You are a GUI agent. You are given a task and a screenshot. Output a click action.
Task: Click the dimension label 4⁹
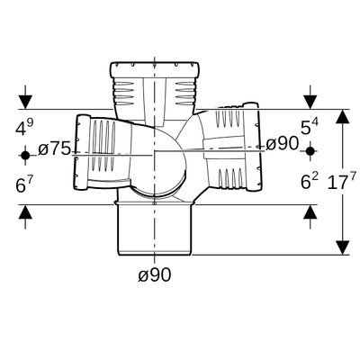tap(24, 128)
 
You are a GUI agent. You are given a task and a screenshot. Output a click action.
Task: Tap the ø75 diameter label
tap(55, 149)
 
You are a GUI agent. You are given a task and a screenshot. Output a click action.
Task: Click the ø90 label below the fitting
tap(155, 274)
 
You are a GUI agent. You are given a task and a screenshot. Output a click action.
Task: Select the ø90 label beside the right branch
tap(282, 143)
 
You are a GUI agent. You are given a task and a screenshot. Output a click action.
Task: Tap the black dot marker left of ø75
tap(25, 156)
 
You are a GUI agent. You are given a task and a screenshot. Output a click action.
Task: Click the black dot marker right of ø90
tap(310, 151)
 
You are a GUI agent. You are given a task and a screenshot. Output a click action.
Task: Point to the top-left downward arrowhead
tap(25, 102)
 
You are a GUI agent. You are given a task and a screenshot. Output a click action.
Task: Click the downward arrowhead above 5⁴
tap(310, 102)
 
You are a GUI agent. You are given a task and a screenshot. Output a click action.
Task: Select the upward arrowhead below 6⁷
tap(25, 212)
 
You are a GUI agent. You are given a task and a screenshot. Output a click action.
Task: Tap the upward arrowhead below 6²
tap(310, 212)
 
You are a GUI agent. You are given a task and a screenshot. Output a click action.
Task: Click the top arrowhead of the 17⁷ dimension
tap(342, 116)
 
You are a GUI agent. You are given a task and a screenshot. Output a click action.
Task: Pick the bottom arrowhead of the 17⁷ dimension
tap(342, 247)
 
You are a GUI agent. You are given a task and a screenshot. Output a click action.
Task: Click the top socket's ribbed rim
tap(155, 69)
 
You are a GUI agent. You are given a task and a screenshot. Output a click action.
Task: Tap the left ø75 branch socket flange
tap(82, 152)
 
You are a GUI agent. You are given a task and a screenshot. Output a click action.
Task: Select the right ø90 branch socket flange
tap(252, 147)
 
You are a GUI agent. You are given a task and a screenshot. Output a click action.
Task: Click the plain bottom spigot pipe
tap(155, 230)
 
